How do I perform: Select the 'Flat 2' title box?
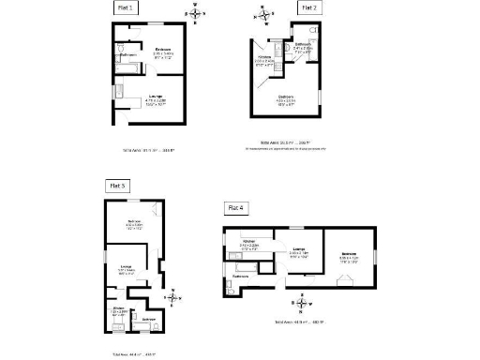point(309,7)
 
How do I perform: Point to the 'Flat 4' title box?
point(235,207)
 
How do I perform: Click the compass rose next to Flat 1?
point(195,12)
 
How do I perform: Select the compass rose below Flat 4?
point(301,303)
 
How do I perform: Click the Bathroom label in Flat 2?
point(303,44)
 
